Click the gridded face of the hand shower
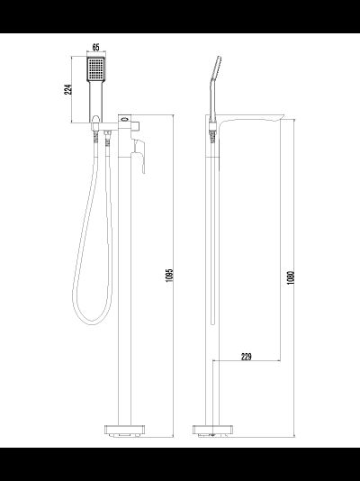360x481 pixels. [96, 70]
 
